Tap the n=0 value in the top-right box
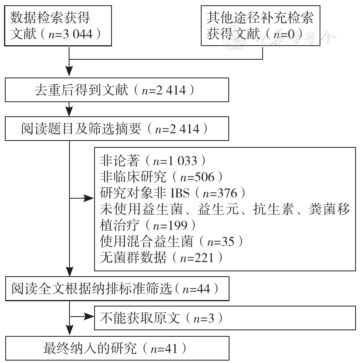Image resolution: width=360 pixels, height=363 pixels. click(x=284, y=34)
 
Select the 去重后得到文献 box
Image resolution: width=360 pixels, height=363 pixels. click(x=117, y=90)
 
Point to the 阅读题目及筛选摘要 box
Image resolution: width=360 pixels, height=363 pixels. click(x=117, y=129)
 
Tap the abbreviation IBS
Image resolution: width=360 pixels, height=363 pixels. click(x=180, y=193)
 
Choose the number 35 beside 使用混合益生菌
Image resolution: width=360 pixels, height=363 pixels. click(x=228, y=241)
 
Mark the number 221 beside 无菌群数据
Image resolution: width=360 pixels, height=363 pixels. click(x=204, y=258)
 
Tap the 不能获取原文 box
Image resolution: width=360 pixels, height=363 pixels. click(x=225, y=318)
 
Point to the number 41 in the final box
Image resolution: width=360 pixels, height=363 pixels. click(x=171, y=348)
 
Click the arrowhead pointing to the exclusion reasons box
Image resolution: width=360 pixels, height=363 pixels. click(x=89, y=198)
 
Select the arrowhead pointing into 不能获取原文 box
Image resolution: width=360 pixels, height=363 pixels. click(x=89, y=316)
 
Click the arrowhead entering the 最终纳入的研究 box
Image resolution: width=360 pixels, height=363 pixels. click(x=69, y=330)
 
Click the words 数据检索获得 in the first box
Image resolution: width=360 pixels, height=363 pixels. click(x=50, y=18)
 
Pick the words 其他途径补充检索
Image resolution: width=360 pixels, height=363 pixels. click(x=260, y=18)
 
